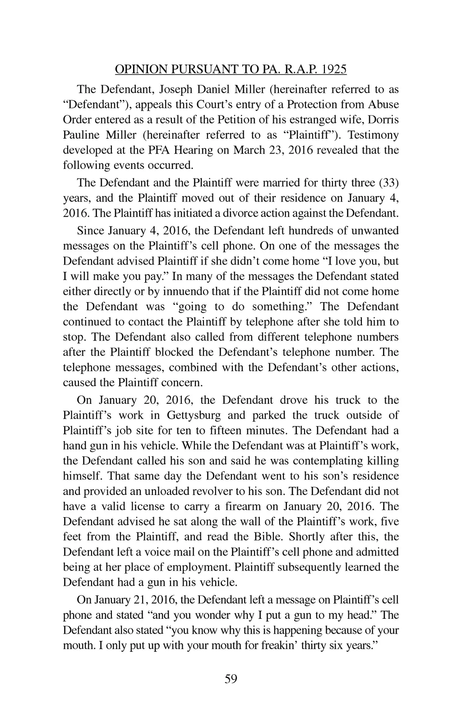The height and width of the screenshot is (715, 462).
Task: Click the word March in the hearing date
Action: tap(250, 150)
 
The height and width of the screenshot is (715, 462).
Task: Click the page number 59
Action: tap(231, 679)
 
